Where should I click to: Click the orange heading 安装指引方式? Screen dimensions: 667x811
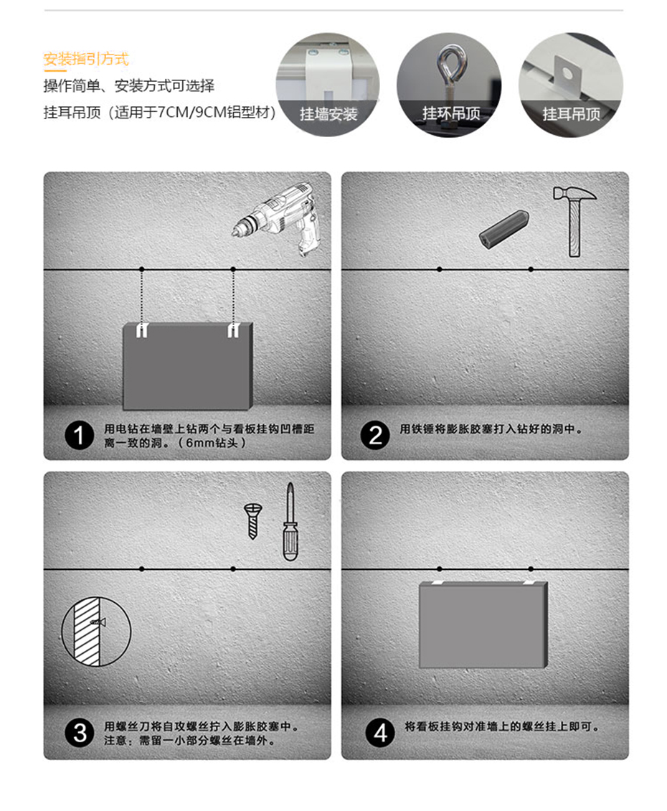86,59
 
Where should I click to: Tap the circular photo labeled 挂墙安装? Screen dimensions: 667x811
328,85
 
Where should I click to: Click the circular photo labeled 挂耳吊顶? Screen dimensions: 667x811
571,85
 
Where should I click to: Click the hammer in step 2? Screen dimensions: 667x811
574,222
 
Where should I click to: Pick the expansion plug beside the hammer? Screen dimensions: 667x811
504,229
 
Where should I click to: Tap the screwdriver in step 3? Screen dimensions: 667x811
290,522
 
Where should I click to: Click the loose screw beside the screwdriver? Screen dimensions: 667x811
253,521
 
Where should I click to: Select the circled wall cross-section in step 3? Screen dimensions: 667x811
96,632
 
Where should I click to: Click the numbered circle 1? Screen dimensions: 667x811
79,436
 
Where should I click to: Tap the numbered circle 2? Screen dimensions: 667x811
375,435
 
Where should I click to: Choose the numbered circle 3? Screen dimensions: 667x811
79,733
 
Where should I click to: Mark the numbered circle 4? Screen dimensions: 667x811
380,733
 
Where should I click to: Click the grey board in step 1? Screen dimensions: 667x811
188,366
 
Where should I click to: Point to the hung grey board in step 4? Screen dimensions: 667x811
483,624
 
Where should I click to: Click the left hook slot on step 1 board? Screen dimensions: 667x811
142,331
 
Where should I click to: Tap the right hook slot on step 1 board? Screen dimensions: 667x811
233,331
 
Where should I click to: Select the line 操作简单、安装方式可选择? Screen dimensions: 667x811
129,86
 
